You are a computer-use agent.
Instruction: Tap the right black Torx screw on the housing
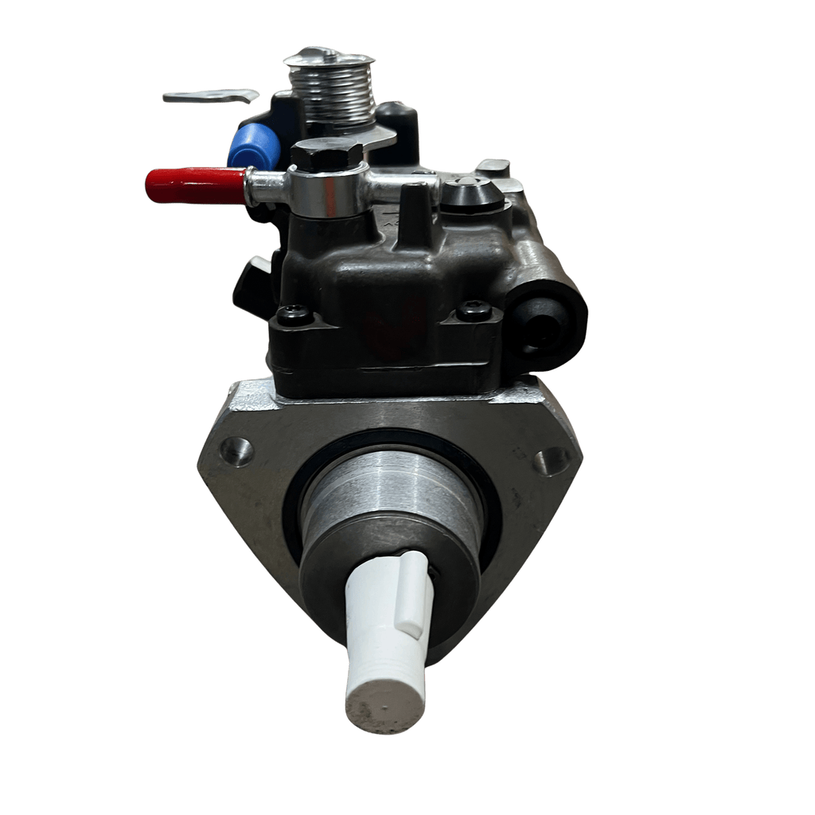coord(474,310)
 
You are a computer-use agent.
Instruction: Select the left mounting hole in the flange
coord(236,452)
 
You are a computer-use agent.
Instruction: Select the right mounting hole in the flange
coord(551,460)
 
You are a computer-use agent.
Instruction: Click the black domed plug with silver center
coord(473,193)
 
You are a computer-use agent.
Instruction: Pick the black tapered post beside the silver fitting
coord(415,212)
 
